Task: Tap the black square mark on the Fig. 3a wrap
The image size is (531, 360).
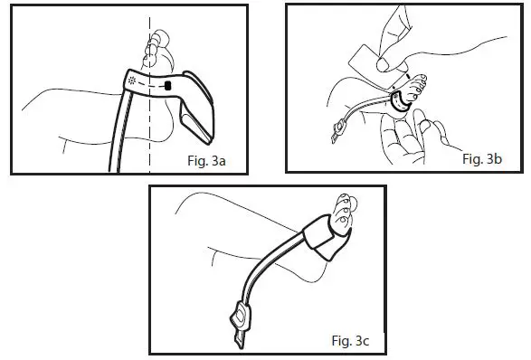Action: pyautogui.click(x=168, y=86)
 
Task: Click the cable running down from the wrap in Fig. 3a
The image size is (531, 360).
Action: pyautogui.click(x=119, y=136)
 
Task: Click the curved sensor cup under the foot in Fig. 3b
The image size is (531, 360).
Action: pyautogui.click(x=399, y=105)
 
